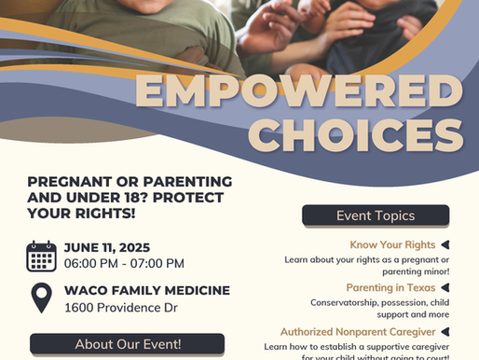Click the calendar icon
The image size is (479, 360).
click(x=41, y=255)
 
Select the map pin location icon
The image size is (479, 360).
click(x=41, y=298)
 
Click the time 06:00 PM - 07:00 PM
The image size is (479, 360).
click(x=124, y=264)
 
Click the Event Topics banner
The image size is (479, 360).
click(x=376, y=216)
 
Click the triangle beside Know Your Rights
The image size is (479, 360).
click(x=446, y=245)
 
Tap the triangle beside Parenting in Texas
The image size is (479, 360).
click(x=446, y=288)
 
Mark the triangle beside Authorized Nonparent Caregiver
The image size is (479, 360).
click(x=446, y=331)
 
